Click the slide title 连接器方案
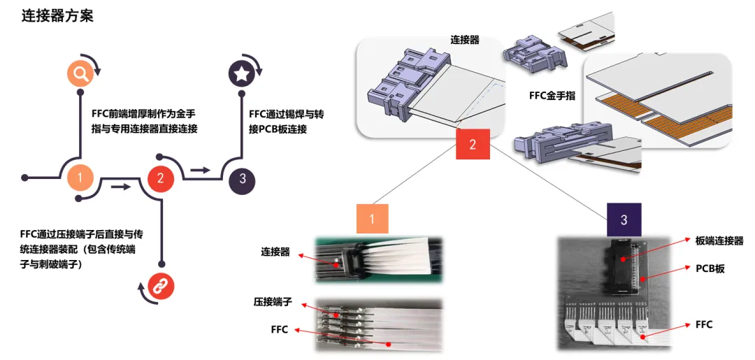[x=57, y=15]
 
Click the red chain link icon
[x=161, y=286]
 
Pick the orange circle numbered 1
[x=80, y=178]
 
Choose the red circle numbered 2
[x=161, y=178]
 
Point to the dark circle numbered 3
[x=242, y=178]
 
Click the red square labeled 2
[x=473, y=145]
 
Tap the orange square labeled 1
[x=372, y=218]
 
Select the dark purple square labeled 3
[x=624, y=219]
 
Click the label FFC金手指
[x=552, y=95]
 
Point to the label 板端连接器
[x=719, y=240]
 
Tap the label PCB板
[x=709, y=268]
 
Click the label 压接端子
[x=273, y=303]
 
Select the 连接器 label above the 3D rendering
[x=466, y=40]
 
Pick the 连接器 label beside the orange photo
[x=275, y=252]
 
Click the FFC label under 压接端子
[x=279, y=330]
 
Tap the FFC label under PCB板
[x=703, y=324]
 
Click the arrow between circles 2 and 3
[x=201, y=169]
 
